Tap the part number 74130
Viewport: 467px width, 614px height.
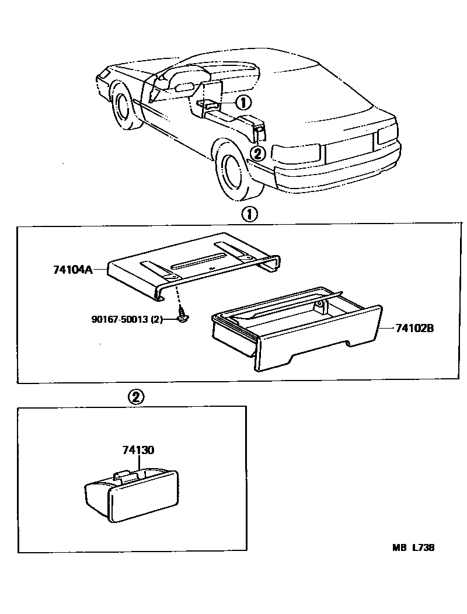(x=138, y=450)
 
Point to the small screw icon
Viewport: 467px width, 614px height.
(x=182, y=318)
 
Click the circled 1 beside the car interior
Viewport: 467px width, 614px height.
(x=243, y=103)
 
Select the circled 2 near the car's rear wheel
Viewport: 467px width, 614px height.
(x=257, y=153)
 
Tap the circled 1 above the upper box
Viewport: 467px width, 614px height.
(x=249, y=215)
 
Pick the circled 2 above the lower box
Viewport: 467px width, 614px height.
(x=135, y=398)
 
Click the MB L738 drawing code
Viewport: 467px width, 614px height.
(x=413, y=547)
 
